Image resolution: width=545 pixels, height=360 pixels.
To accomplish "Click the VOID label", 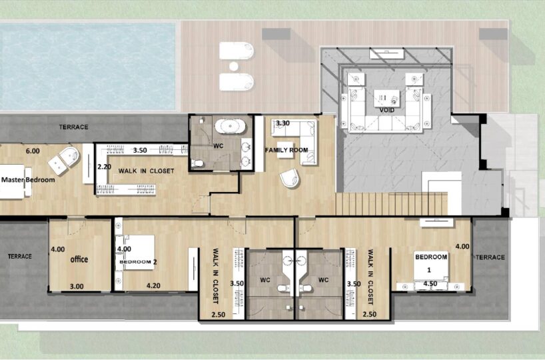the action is (387, 110).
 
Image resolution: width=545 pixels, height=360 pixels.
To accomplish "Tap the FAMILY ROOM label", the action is (286, 150).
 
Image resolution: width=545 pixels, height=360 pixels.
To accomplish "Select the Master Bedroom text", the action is (28, 180).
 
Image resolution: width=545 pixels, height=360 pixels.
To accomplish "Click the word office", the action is (79, 259).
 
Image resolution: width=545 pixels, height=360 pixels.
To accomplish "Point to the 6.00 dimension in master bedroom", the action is (33, 151).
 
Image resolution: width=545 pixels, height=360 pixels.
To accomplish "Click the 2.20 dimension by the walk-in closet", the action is (105, 167).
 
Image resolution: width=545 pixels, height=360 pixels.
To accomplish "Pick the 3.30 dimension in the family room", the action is (282, 123).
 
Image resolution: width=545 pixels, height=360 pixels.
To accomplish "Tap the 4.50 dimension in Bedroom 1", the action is (430, 284).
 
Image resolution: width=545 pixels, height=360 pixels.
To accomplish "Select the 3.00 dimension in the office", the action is (77, 286).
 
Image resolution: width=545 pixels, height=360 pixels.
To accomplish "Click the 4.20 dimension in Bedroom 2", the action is (153, 285).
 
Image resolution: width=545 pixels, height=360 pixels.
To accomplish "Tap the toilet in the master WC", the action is (197, 163).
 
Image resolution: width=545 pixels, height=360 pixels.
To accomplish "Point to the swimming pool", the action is (87, 66).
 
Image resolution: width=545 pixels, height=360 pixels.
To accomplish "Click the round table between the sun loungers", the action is (234, 66).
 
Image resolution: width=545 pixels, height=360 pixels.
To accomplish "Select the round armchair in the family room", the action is (290, 178).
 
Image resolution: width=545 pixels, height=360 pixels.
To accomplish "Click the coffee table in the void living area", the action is (386, 99).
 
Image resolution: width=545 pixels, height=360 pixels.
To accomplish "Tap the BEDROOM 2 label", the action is (138, 261).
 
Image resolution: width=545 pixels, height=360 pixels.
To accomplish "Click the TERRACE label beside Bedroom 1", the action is (490, 257).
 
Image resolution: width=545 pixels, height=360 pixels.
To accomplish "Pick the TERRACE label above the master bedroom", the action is (73, 127).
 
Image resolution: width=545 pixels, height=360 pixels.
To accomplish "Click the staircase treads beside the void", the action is (391, 204).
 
